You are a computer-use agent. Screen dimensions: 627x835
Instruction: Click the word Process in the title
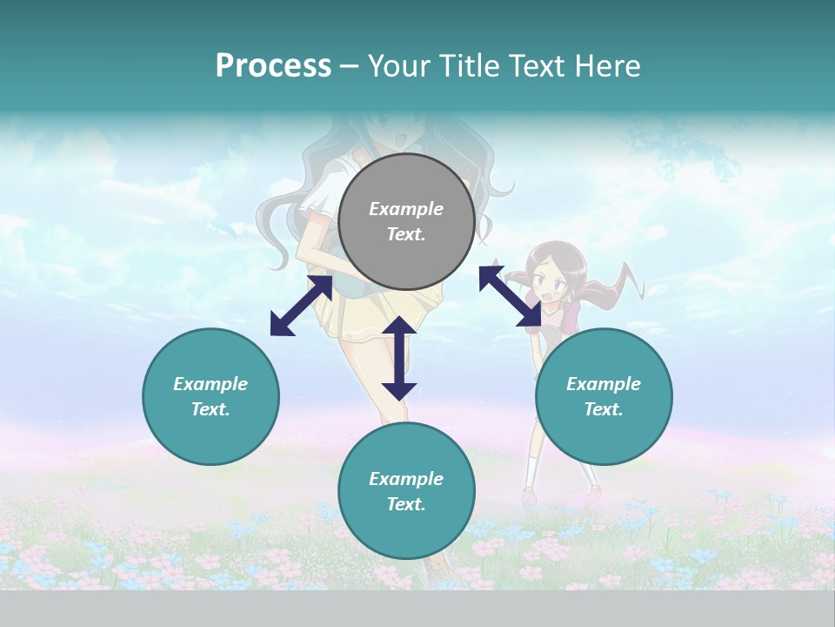(273, 66)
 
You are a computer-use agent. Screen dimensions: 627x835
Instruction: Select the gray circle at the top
(406, 221)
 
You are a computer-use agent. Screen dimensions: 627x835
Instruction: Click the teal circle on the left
(210, 396)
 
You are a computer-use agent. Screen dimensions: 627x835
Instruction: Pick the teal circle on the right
(604, 396)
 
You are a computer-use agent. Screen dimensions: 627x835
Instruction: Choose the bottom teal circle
(406, 491)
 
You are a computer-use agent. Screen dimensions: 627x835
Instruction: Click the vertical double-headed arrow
(399, 358)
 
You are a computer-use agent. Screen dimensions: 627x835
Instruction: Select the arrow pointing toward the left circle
(301, 305)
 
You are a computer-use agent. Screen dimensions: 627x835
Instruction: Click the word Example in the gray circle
(406, 209)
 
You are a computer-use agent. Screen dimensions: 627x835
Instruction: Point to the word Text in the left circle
(210, 409)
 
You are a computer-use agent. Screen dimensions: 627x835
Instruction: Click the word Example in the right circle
(604, 384)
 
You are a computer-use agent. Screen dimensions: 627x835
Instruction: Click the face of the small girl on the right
(551, 284)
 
